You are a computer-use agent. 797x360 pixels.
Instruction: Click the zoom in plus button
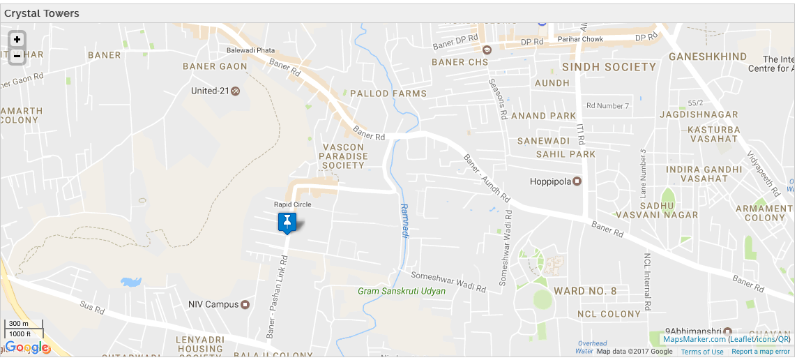click(x=17, y=40)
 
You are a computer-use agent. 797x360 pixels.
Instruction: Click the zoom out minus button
click(x=17, y=56)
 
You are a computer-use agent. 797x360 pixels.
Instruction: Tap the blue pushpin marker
click(x=287, y=223)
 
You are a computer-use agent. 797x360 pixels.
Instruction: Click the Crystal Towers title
click(x=42, y=13)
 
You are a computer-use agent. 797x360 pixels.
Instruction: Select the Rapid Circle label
click(x=292, y=204)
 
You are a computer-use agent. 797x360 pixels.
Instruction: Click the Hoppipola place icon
click(x=577, y=181)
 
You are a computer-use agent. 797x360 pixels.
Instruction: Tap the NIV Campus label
click(x=213, y=305)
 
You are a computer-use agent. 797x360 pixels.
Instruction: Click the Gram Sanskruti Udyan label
click(x=401, y=291)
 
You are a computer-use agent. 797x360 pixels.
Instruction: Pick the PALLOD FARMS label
click(x=388, y=93)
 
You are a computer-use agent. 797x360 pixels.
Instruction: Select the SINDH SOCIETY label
click(x=609, y=67)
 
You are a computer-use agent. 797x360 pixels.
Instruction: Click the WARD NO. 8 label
click(x=585, y=291)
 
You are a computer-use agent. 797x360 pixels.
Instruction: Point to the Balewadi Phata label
click(x=250, y=50)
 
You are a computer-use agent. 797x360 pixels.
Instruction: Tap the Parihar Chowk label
click(x=580, y=40)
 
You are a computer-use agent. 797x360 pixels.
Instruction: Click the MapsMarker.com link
click(x=694, y=339)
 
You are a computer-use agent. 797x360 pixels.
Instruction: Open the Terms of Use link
click(x=702, y=352)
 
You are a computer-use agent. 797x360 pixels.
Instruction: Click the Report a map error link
click(x=761, y=352)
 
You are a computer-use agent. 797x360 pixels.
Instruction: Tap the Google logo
click(x=27, y=347)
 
